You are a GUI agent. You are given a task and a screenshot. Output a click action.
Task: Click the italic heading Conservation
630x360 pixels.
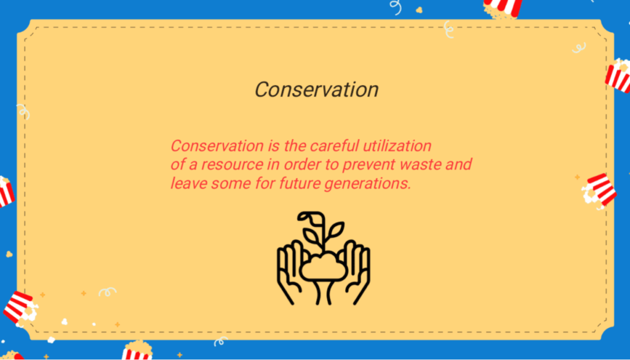coord(317,90)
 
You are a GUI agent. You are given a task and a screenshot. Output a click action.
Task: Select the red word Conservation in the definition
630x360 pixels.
coord(217,145)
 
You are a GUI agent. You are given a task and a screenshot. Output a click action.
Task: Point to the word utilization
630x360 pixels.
coord(397,145)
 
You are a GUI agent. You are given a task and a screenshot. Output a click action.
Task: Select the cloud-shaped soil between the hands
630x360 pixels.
coord(324,267)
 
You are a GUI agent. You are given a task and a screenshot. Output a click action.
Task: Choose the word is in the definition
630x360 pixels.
coord(274,145)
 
